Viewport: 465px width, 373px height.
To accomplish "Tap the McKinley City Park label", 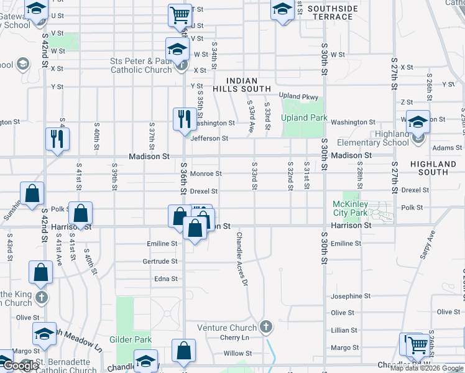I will coord(351,208).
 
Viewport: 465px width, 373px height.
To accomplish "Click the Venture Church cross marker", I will coord(265,327).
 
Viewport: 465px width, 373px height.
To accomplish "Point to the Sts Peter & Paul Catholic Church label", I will coord(141,65).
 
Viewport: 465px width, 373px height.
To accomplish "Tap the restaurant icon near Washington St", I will coord(183,117).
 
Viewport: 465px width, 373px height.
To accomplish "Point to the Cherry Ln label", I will coord(234,338).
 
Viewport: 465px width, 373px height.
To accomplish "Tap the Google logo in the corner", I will coord(21,366).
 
